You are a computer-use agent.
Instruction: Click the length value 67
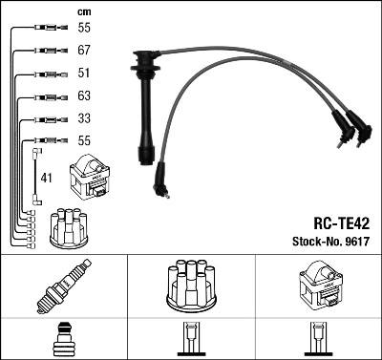click(84, 49)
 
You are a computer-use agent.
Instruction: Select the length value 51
click(84, 73)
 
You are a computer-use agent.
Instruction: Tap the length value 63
click(84, 95)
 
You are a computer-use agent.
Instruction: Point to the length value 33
click(84, 118)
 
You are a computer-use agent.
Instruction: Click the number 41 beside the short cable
click(47, 179)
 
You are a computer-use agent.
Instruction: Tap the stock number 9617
click(355, 240)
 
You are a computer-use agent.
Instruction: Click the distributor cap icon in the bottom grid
click(191, 287)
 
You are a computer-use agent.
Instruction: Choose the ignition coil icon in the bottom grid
click(317, 287)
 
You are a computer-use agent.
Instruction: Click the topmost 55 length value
click(84, 27)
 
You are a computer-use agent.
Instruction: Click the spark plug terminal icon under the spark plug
click(64, 341)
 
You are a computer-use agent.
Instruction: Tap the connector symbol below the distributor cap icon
click(191, 341)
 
